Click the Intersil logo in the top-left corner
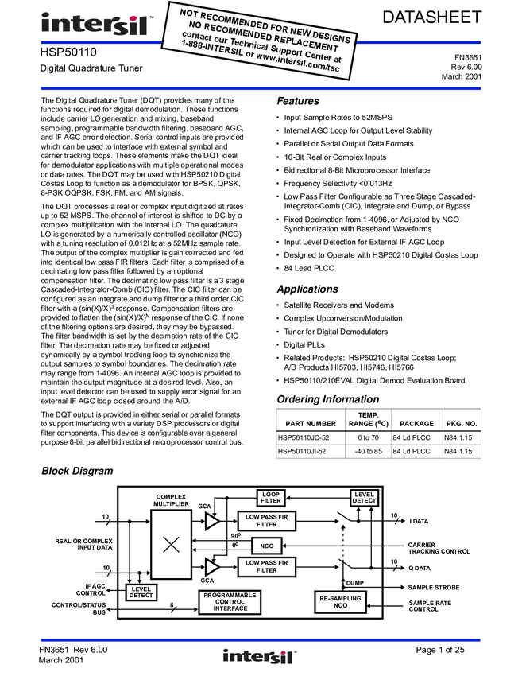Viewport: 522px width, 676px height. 94,25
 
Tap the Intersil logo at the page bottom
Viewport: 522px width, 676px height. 260,657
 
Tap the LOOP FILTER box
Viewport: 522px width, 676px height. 271,498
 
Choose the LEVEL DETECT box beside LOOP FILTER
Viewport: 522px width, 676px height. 364,498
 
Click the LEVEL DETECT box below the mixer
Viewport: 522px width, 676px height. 141,592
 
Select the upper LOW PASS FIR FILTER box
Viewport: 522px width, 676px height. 267,521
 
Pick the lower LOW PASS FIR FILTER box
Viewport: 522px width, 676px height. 267,567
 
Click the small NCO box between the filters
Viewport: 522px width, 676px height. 267,546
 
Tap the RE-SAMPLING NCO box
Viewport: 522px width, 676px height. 341,602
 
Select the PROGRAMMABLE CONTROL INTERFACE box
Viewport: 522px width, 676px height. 230,602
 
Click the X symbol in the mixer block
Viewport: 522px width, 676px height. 171,545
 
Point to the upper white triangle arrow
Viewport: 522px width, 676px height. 211,521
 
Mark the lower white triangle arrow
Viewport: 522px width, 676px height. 211,567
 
